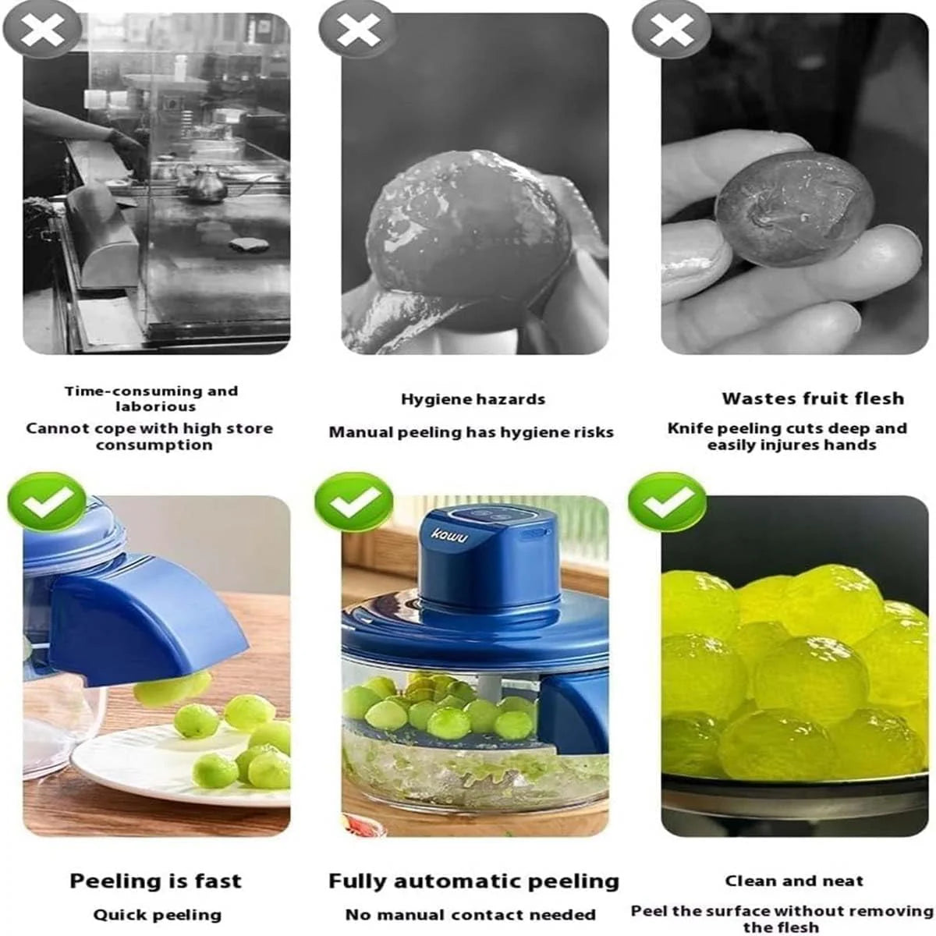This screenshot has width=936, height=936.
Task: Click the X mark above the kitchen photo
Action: (x=42, y=30)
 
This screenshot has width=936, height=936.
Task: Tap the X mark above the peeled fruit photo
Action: (x=358, y=30)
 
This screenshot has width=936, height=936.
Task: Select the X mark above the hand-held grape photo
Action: (x=672, y=30)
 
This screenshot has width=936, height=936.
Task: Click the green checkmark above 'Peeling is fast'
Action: (x=47, y=502)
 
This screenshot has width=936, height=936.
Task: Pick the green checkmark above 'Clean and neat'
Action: (x=667, y=502)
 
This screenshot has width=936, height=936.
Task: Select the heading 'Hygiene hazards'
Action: (x=473, y=399)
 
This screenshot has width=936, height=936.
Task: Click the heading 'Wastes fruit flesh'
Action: (x=813, y=399)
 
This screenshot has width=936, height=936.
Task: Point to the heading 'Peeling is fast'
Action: (x=155, y=881)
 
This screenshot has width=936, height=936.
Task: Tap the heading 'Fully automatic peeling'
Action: (x=473, y=881)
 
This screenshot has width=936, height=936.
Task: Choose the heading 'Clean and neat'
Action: (x=794, y=881)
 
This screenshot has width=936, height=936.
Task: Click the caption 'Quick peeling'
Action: (x=157, y=915)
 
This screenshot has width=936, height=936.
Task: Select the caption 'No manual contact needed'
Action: (x=470, y=915)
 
